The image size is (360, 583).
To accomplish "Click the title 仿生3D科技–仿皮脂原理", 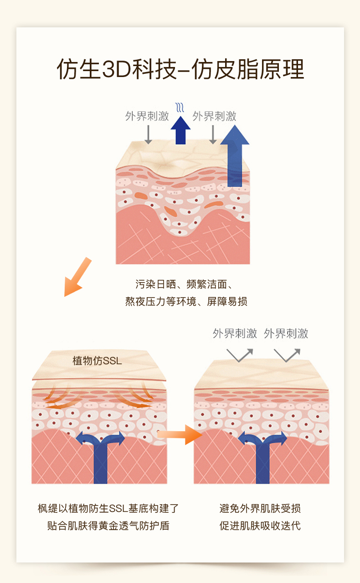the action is click(180, 69).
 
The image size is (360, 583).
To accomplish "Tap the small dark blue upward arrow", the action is click(180, 130).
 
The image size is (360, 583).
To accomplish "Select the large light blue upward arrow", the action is click(235, 155).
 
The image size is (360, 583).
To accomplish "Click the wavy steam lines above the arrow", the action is click(180, 107).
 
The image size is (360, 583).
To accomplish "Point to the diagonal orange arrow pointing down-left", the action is click(77, 277).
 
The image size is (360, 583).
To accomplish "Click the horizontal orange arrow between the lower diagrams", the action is click(180, 434).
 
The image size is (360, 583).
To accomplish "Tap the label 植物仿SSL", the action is click(97, 361).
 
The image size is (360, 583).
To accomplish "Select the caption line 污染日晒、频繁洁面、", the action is click(184, 284).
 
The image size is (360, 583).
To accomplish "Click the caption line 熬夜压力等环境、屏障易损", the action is click(186, 301).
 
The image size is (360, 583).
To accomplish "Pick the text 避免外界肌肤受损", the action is click(260, 508).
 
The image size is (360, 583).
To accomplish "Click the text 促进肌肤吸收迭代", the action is click(260, 526).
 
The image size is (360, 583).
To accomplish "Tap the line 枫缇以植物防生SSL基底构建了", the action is click(108, 508).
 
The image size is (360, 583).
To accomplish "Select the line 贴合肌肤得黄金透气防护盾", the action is click(108, 526).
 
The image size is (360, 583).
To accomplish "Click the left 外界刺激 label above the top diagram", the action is click(147, 116).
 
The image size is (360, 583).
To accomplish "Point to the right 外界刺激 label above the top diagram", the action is click(214, 116).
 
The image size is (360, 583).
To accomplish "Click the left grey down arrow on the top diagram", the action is click(148, 134).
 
